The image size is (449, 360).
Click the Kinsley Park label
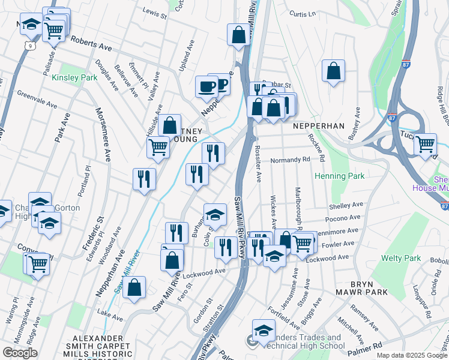[74, 77]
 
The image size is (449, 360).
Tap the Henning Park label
[339, 176]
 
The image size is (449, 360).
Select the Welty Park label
[401, 258]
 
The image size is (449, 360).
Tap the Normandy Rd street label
[289, 160]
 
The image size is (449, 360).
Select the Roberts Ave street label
[91, 42]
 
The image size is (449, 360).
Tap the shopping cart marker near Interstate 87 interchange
[425, 144]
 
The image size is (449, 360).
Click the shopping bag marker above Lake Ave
[135, 287]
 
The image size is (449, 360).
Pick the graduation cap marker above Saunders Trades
[264, 331]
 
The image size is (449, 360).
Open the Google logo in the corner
[20, 353]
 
